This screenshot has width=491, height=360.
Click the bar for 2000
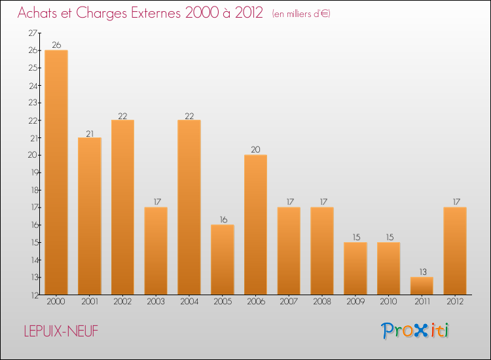coord(56,172)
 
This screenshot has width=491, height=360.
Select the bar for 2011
coord(422,286)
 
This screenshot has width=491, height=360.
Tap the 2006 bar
coord(255,225)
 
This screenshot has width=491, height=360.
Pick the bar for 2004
coord(189,207)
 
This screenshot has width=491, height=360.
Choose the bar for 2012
coord(455,251)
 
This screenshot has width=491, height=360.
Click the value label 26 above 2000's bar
coord(56,45)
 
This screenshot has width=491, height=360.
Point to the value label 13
coord(422,272)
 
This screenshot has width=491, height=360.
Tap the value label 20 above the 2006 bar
coord(255,149)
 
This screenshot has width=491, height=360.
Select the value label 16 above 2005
coord(223,219)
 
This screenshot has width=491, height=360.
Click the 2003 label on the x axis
coord(156,302)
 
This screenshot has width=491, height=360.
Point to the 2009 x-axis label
coord(355,302)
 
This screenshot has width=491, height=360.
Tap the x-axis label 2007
coord(289,302)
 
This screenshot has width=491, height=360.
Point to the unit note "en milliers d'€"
coord(301,14)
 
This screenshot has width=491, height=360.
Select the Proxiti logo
coord(415,331)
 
